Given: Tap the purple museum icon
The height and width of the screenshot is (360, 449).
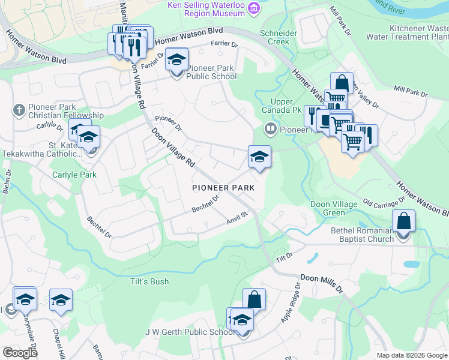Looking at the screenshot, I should [254, 7].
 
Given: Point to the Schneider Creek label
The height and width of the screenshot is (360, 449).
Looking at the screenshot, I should [274, 37].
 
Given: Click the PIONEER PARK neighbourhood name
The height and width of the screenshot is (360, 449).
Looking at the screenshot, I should [223, 188].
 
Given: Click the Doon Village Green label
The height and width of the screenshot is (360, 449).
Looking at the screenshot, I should [336, 208].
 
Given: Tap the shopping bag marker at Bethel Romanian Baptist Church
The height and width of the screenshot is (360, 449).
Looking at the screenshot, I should [404, 221].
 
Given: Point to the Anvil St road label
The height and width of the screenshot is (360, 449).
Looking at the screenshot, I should [237, 217].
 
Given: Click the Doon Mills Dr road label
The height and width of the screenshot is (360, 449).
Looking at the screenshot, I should [321, 283].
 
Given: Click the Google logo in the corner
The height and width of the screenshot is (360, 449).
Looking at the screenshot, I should [20, 353].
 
